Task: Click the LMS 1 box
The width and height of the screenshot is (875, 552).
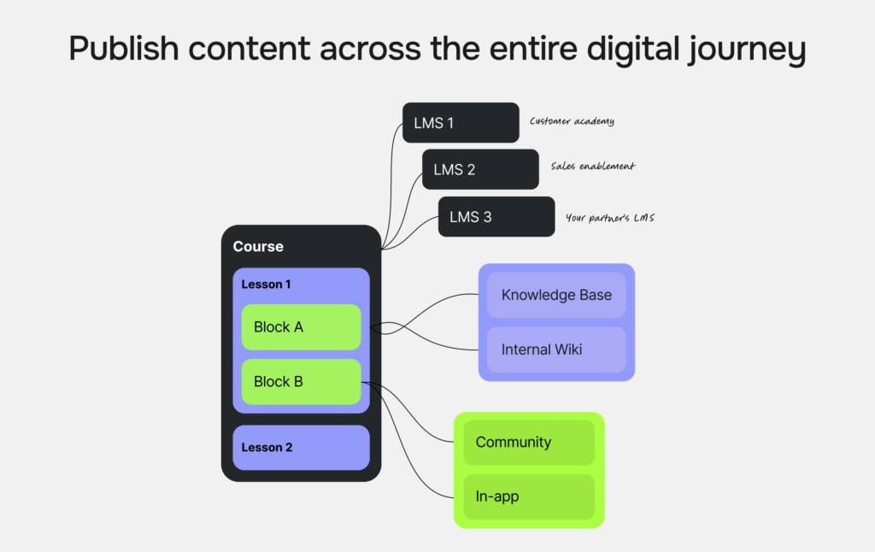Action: [461, 122]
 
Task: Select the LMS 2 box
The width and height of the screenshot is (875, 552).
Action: [480, 169]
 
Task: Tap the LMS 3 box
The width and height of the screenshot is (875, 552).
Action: [496, 216]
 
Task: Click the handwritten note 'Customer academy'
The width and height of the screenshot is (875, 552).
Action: [572, 121]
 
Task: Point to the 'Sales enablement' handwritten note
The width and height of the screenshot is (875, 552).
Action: [593, 167]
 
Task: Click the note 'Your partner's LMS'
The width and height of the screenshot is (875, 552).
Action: [609, 218]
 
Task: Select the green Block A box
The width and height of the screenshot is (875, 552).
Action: [301, 327]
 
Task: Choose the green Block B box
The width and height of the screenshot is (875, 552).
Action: [301, 382]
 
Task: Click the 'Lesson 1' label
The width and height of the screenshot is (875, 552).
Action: [267, 284]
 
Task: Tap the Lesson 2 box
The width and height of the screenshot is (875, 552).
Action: [301, 448]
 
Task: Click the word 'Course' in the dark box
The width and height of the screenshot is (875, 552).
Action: [258, 246]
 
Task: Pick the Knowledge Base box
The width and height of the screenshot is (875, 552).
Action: [556, 295]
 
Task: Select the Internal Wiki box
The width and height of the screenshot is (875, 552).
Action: [556, 349]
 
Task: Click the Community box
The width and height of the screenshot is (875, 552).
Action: [528, 442]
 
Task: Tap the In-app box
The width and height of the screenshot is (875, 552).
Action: [528, 496]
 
